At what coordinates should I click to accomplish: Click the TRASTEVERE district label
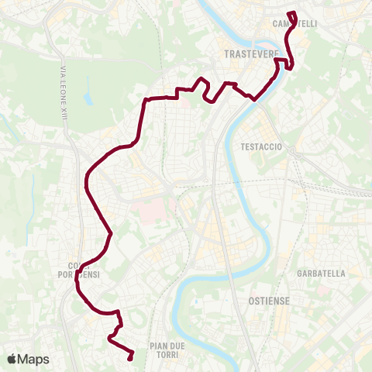pyautogui.click(x=246, y=54)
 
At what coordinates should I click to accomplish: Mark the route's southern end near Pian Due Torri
pyautogui.click(x=129, y=358)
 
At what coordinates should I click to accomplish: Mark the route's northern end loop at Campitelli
pyautogui.click(x=292, y=14)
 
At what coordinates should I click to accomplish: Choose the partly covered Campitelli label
pyautogui.click(x=295, y=24)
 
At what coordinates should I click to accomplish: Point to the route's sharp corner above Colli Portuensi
pyautogui.click(x=112, y=233)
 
